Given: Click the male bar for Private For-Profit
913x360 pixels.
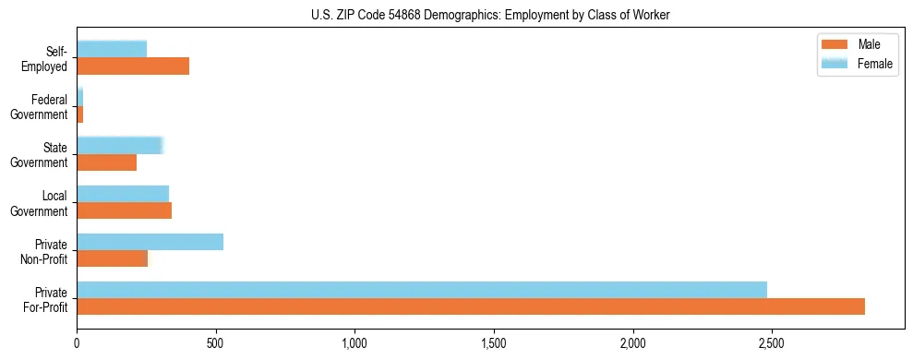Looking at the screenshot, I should [x=471, y=306].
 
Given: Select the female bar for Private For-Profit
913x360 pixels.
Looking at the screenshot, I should [x=422, y=290].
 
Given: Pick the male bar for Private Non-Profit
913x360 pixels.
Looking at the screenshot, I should [x=112, y=258].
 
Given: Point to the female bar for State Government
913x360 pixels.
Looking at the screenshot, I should [x=120, y=145].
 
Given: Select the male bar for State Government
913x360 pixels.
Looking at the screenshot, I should [x=106, y=162].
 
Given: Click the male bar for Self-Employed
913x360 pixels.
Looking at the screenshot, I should [x=133, y=66].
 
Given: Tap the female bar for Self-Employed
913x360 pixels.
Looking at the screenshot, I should [x=112, y=49].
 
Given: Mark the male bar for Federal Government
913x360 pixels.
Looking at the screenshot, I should [x=80, y=114].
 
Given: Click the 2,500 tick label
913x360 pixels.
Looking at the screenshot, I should [x=772, y=343].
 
